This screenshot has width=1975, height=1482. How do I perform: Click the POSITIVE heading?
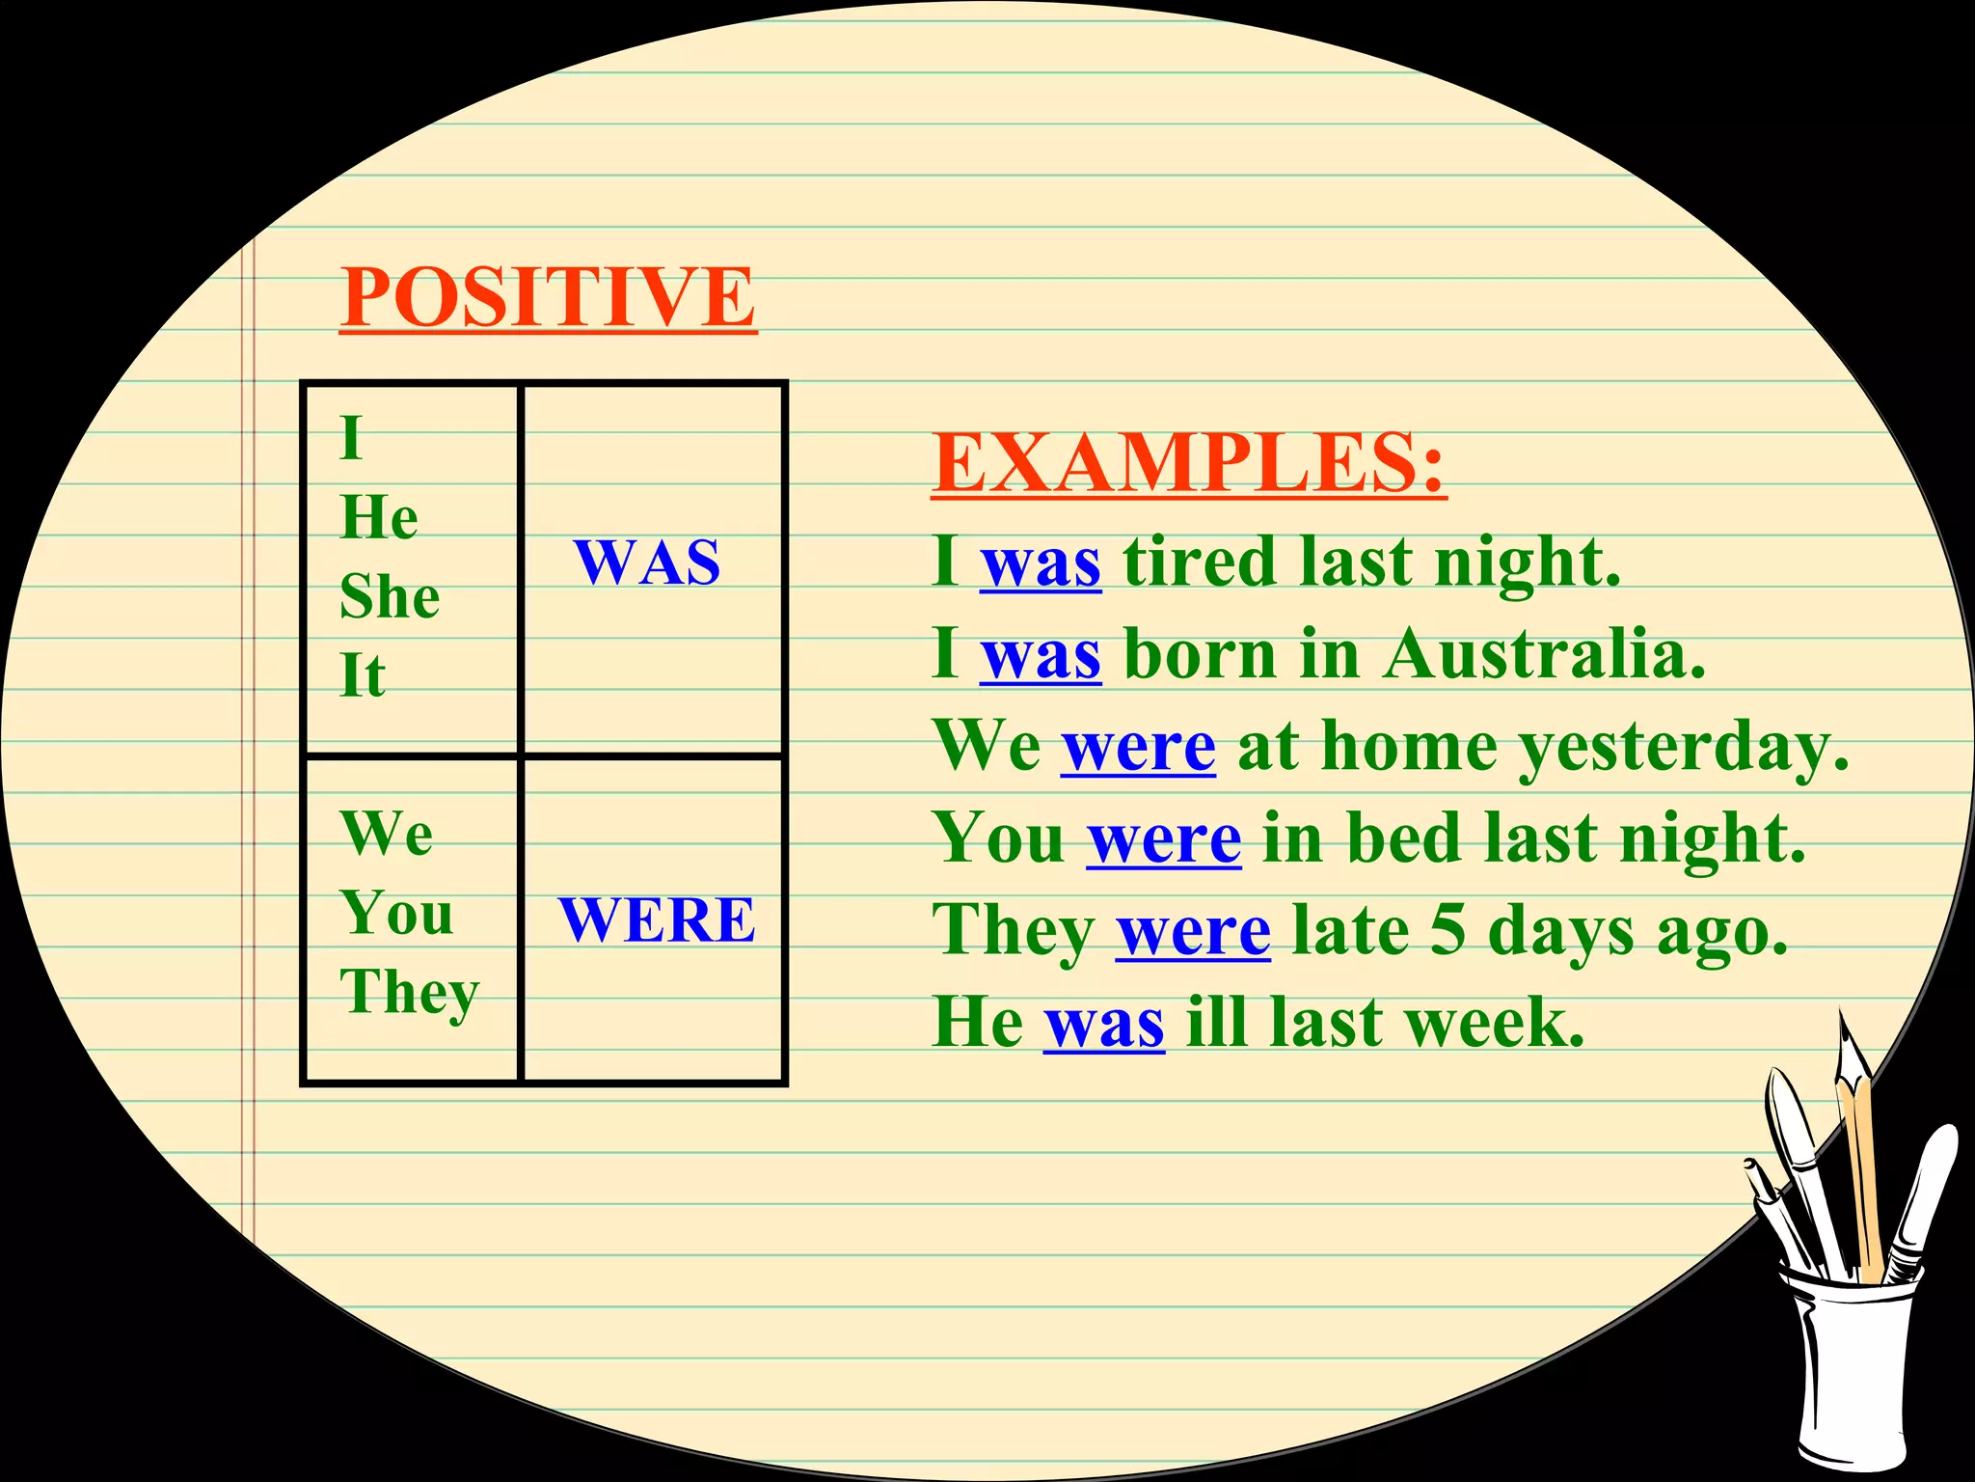pyautogui.click(x=548, y=297)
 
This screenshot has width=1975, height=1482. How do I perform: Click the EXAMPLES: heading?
pyautogui.click(x=1188, y=463)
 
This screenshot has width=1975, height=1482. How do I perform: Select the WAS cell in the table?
pyautogui.click(x=647, y=562)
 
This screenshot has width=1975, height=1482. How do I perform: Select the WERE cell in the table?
pyautogui.click(x=657, y=919)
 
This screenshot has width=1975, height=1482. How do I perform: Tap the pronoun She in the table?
pyautogui.click(x=390, y=596)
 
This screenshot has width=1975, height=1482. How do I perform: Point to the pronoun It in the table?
pyautogui.click(x=363, y=675)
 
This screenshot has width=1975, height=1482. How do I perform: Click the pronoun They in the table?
pyautogui.click(x=409, y=992)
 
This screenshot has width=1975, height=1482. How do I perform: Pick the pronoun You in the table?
pyautogui.click(x=396, y=913)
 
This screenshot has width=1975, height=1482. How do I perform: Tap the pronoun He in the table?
pyautogui.click(x=379, y=517)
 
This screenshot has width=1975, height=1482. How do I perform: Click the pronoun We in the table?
pyautogui.click(x=387, y=833)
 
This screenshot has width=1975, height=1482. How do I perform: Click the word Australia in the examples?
pyautogui.click(x=1543, y=654)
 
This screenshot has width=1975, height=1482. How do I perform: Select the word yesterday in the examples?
pyautogui.click(x=1682, y=748)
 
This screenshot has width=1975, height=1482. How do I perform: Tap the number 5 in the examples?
pyautogui.click(x=1447, y=931)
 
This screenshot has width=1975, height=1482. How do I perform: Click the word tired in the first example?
pyautogui.click(x=1200, y=562)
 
